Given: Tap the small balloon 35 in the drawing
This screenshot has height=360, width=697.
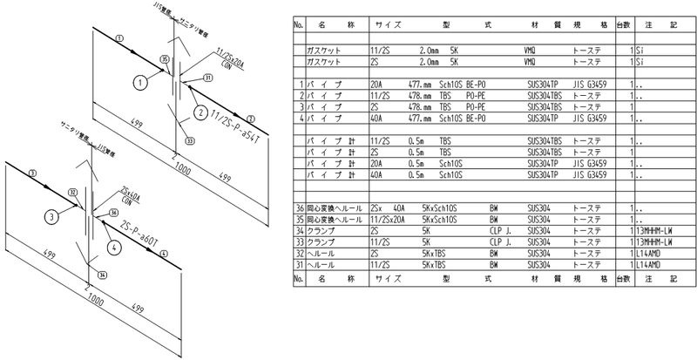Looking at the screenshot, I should click(x=165, y=58).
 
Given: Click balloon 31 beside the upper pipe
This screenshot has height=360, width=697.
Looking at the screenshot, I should click(x=207, y=78).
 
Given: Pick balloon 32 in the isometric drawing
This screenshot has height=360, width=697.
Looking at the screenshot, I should click(x=73, y=192).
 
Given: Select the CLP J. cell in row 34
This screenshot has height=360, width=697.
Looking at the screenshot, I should click(x=498, y=232).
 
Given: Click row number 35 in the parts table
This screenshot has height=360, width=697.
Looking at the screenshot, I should click(x=299, y=221).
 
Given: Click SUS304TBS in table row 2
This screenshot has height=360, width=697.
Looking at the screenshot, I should click(x=546, y=94).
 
